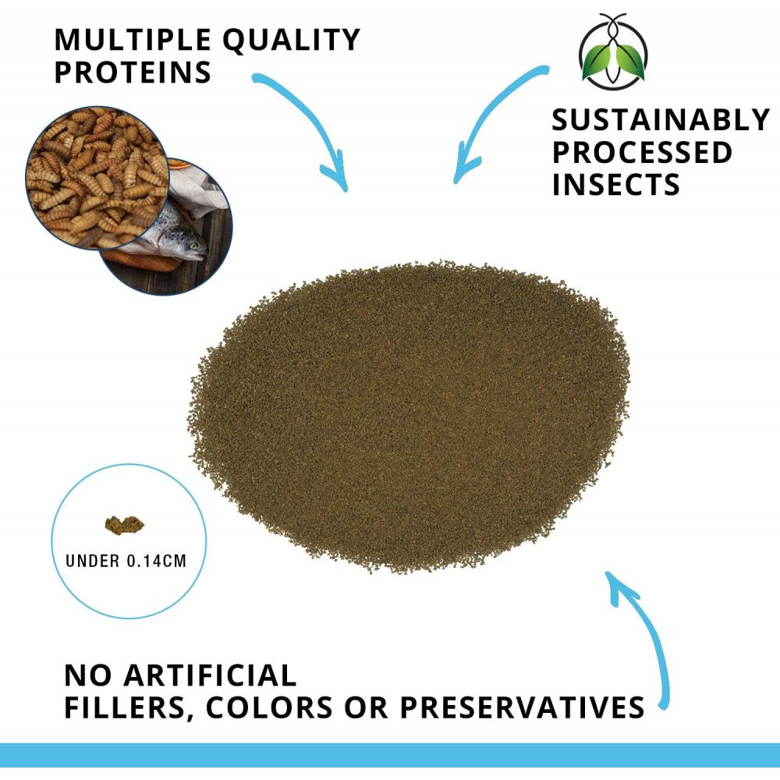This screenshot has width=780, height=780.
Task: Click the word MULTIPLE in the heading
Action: [x=133, y=40]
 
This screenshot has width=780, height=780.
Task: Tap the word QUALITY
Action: [x=292, y=41]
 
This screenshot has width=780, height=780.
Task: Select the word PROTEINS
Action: [x=133, y=72]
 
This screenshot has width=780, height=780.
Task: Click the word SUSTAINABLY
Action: [x=661, y=119]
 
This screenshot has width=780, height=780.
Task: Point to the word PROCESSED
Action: [x=642, y=152]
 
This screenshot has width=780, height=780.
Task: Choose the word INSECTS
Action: [x=616, y=185]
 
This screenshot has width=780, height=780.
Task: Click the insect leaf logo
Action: [x=613, y=51]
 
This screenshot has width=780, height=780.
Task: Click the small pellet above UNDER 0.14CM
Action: [x=124, y=524]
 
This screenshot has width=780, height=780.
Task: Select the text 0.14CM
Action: [x=157, y=561]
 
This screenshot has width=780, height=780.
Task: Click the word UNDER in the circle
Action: [x=93, y=561]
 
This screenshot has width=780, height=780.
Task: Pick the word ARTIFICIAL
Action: [x=210, y=675]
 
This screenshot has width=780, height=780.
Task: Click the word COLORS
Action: [x=269, y=707]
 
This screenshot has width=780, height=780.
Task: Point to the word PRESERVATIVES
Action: [x=523, y=707]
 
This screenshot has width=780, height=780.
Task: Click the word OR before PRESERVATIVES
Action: [x=366, y=707]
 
